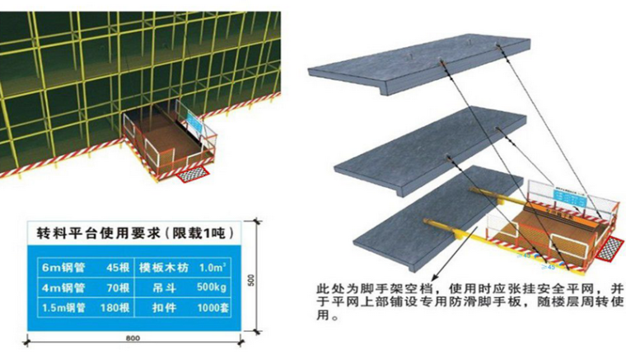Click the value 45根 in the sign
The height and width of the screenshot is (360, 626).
coord(116,268)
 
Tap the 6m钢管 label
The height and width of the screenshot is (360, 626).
coord(62,268)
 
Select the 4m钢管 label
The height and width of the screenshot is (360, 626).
coord(62,288)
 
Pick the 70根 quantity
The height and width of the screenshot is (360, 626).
coord(116,288)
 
